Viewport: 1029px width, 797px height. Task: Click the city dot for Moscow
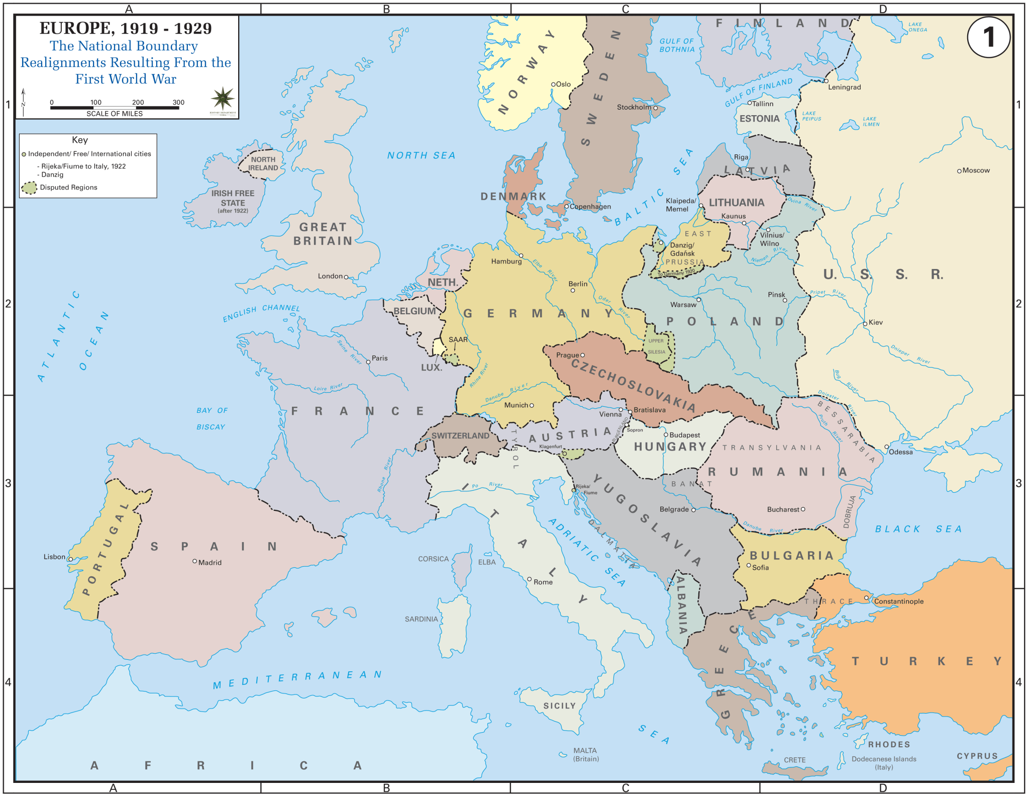[x=959, y=171]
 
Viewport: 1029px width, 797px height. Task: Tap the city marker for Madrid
[x=195, y=561]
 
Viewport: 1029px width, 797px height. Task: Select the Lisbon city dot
[x=71, y=559]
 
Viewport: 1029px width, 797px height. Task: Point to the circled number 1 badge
[x=988, y=37]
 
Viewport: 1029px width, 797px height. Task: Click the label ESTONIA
[x=759, y=119]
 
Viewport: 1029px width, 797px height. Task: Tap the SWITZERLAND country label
[x=460, y=435]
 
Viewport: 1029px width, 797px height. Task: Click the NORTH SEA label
[x=421, y=156]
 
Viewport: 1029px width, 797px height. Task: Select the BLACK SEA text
[x=918, y=529]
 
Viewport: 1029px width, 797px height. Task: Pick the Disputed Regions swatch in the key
[x=30, y=188]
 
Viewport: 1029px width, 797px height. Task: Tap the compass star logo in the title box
[x=223, y=98]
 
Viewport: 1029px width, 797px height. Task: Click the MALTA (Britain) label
[x=585, y=754]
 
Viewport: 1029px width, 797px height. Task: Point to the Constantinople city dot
[x=866, y=598]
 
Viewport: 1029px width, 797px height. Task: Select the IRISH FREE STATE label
[x=233, y=198]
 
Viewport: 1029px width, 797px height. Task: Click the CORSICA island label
[x=433, y=559]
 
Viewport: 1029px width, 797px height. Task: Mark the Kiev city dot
[x=865, y=324]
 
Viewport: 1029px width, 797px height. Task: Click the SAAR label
[x=458, y=339]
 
